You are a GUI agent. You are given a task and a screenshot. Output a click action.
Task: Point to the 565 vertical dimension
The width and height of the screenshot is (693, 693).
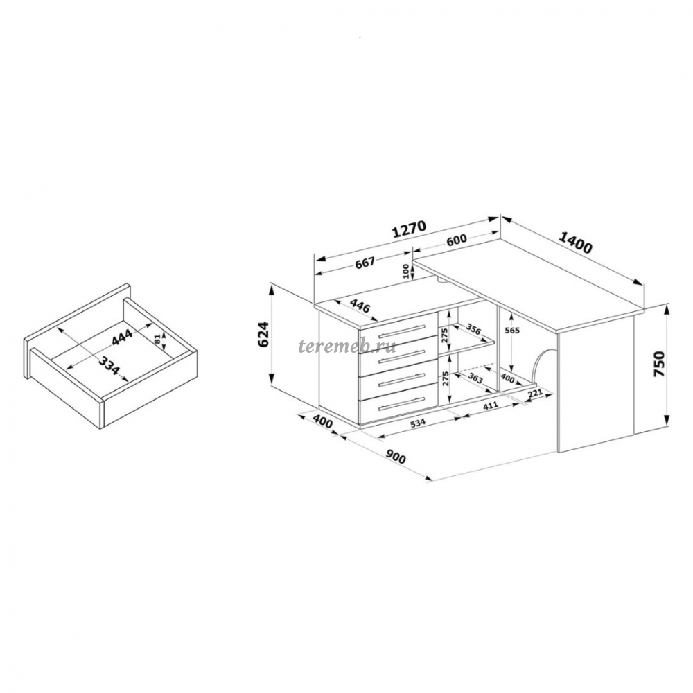[x=511, y=331]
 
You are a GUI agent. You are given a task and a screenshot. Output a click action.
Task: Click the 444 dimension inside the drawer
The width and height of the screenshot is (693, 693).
[x=122, y=337]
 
